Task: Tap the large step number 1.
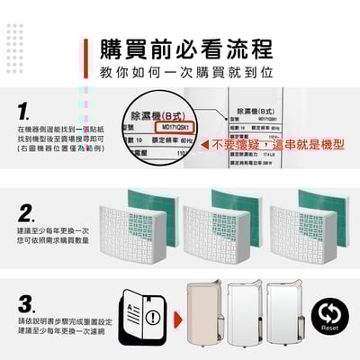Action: (x=24, y=113)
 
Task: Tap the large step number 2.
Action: (x=26, y=213)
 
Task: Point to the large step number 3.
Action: (x=26, y=301)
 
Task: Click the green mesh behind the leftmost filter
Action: (x=153, y=202)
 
